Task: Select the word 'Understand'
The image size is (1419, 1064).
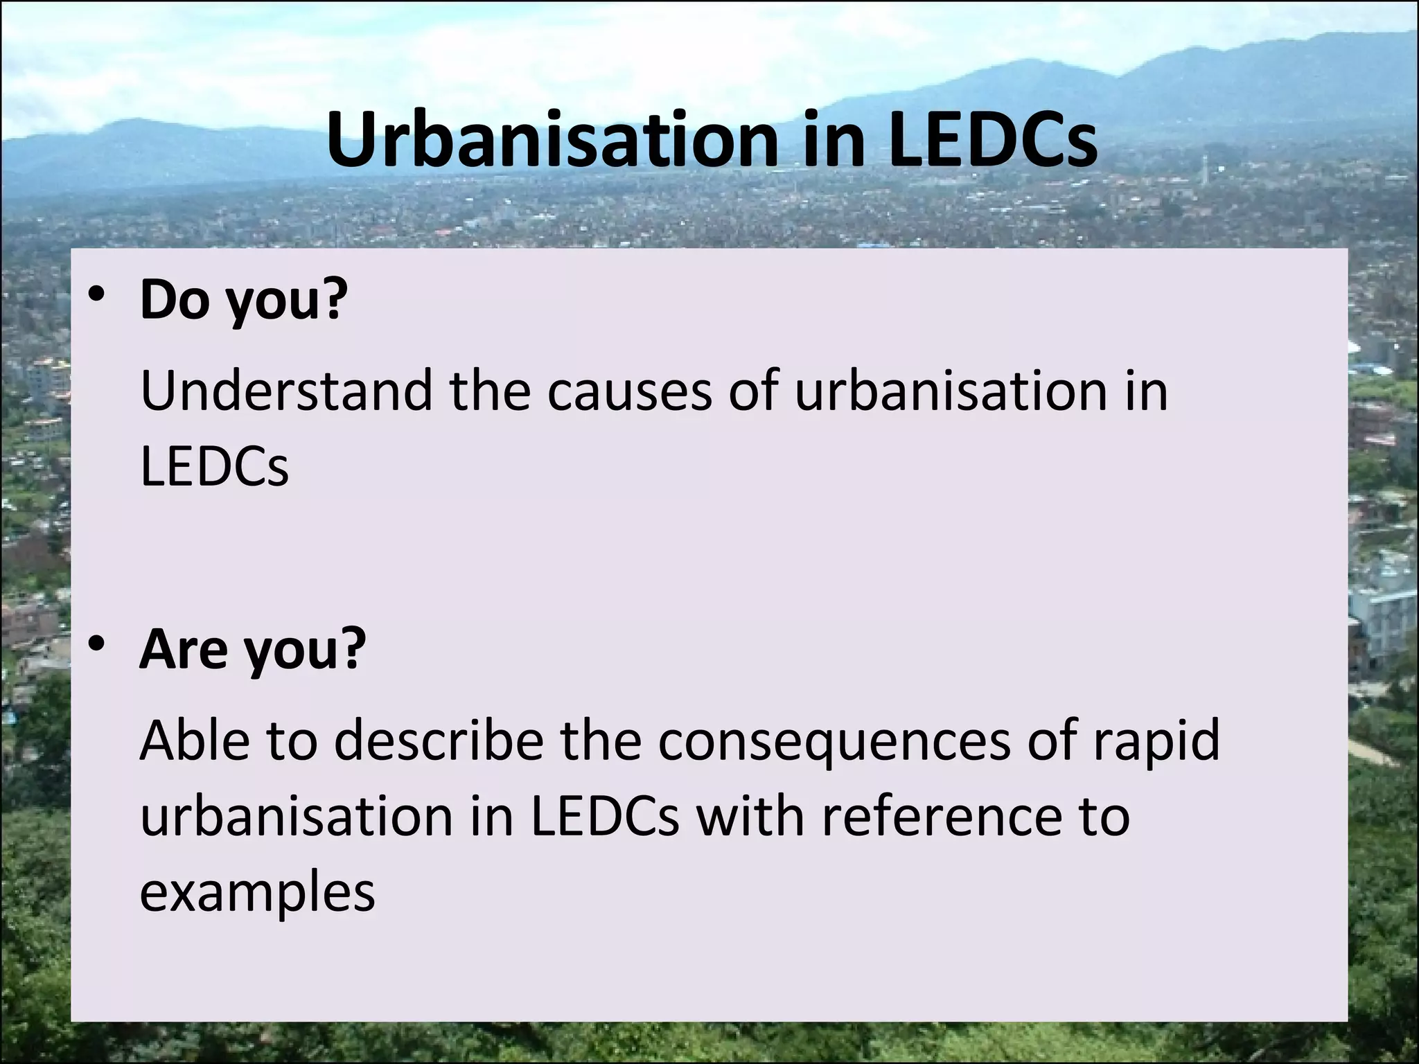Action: tap(286, 391)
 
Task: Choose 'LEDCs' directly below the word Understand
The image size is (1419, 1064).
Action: tap(214, 466)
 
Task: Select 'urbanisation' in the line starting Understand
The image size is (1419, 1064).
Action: tap(949, 391)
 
